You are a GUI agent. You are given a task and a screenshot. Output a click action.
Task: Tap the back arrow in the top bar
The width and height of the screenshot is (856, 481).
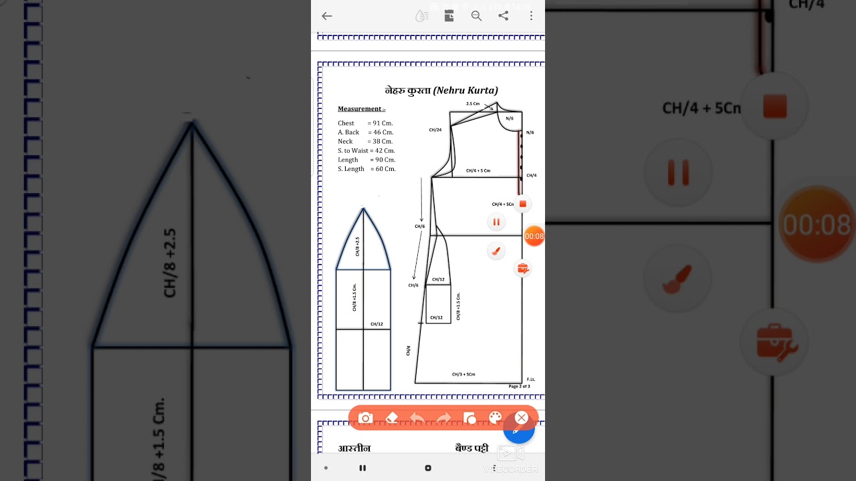[326, 16]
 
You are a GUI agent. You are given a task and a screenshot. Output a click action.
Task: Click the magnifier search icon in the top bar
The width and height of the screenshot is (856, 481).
[476, 16]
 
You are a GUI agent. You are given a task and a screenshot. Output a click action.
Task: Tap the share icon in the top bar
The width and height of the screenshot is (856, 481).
[504, 16]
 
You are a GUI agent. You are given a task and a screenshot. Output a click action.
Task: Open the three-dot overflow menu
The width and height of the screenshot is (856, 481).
[531, 16]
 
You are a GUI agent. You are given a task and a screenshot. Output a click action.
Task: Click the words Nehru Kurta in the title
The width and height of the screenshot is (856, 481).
[465, 90]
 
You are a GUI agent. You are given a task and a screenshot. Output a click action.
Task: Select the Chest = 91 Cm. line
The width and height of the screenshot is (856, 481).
[365, 124]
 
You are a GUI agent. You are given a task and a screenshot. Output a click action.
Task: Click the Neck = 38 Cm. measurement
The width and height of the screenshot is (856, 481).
[365, 142]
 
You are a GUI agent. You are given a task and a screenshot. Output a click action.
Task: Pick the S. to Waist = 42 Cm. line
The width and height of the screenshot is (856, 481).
[366, 151]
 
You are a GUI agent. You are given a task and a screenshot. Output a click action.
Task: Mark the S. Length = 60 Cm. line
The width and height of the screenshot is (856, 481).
[366, 169]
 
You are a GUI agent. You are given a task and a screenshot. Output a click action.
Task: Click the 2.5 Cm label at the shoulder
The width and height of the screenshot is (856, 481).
[473, 104]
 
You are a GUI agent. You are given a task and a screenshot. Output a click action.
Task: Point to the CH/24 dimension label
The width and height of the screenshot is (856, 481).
[435, 130]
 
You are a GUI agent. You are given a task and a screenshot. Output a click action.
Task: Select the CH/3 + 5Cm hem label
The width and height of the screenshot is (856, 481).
[463, 374]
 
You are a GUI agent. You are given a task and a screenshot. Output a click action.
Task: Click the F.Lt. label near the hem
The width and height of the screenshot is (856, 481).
[531, 379]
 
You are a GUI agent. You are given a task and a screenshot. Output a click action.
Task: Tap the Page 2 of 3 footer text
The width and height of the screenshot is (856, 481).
[519, 386]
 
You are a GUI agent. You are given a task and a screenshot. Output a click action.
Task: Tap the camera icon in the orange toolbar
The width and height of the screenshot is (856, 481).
[365, 418]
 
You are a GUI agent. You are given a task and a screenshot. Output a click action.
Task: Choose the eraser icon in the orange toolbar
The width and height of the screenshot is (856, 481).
[392, 418]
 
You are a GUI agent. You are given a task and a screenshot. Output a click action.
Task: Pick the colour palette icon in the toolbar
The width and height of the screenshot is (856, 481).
[495, 418]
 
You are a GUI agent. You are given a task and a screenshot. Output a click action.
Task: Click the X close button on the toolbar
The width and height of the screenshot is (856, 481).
[522, 418]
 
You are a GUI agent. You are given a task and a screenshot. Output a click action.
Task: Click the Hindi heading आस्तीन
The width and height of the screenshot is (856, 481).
[354, 448]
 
